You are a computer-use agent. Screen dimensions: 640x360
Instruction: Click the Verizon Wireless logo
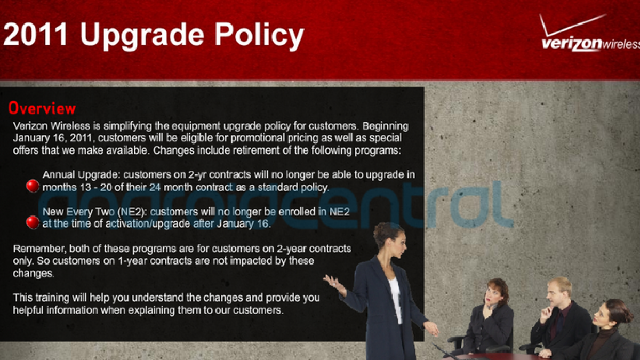pyautogui.click(x=589, y=33)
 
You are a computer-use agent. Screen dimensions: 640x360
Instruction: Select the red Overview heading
pyautogui.click(x=42, y=108)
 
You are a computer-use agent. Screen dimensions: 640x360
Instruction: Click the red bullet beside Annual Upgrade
pyautogui.click(x=33, y=186)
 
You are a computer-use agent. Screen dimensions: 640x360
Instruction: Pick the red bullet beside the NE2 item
pyautogui.click(x=33, y=222)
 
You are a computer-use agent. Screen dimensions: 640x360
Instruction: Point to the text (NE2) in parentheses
pyautogui.click(x=132, y=212)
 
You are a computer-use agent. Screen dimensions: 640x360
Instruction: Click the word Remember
pyautogui.click(x=39, y=249)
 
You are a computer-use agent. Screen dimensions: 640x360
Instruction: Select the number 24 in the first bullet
pyautogui.click(x=155, y=187)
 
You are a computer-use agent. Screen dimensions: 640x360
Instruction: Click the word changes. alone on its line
pyautogui.click(x=34, y=274)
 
